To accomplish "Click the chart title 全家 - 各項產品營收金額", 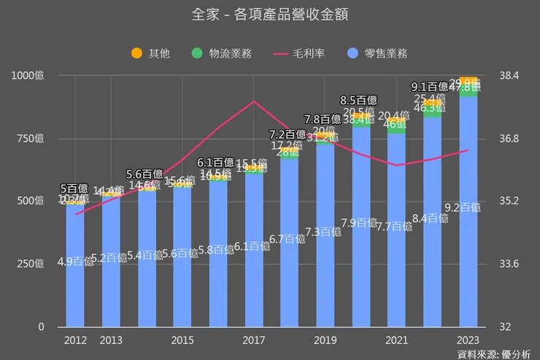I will coord(270,15).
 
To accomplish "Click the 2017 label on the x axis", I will coord(253,340).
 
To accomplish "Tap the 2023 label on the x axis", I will coord(468,340).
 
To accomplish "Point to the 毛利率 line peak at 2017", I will coord(253,101).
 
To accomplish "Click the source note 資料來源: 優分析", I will coord(498,354).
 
